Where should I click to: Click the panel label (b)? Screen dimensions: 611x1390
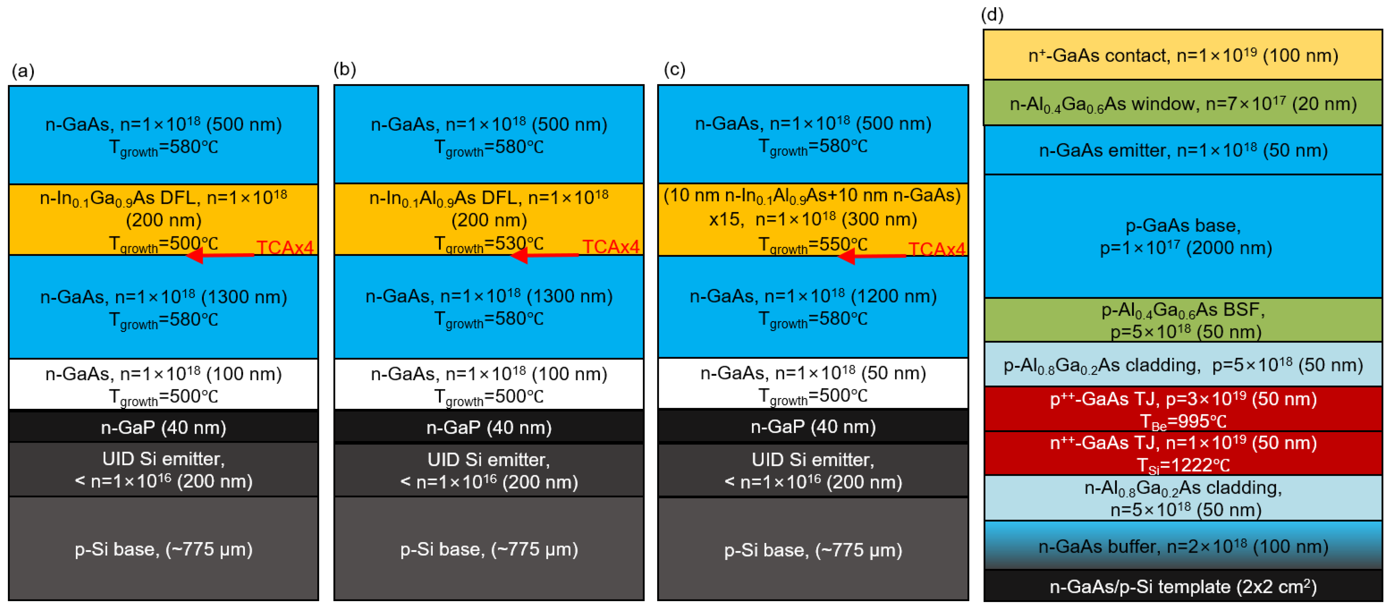[x=344, y=69]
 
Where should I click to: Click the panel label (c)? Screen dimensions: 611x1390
[x=674, y=69]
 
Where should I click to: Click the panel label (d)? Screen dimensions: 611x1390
[x=992, y=15]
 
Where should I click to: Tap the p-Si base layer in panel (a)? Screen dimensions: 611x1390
[x=164, y=548]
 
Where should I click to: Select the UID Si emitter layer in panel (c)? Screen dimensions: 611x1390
[x=812, y=470]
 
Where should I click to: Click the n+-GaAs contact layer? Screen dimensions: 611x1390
[x=1182, y=55]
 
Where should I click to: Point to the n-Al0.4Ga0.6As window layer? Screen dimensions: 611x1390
[x=1182, y=103]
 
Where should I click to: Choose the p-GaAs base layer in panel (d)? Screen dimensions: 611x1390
[x=1182, y=236]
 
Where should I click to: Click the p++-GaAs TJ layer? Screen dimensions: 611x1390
[x=1182, y=409]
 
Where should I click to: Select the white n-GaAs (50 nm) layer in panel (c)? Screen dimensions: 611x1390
[x=812, y=383]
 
